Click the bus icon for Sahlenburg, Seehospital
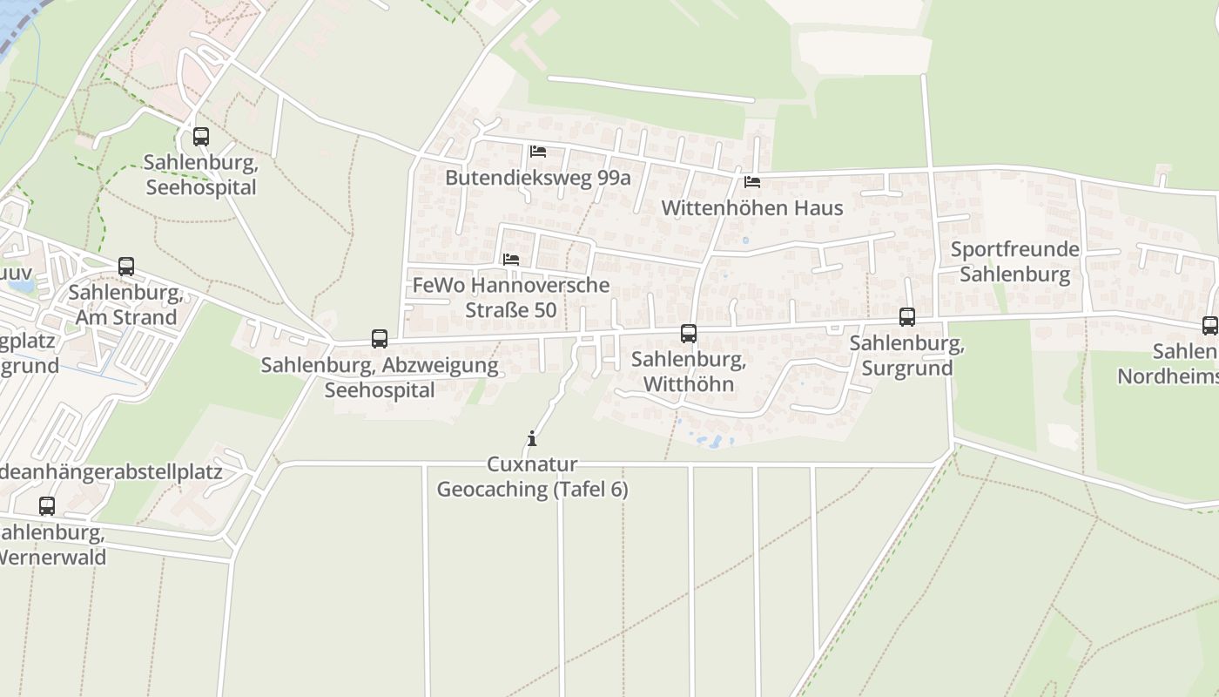[x=201, y=137]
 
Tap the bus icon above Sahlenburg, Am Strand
[x=126, y=267]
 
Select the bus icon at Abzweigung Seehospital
[x=380, y=339]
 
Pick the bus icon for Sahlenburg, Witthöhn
[x=689, y=333]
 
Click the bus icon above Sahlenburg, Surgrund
[x=907, y=317]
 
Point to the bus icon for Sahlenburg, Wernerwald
[x=47, y=505]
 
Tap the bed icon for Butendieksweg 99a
[x=538, y=152]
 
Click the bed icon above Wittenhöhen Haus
[x=752, y=182]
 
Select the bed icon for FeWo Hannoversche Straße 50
[x=511, y=260]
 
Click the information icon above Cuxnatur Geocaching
[x=532, y=438]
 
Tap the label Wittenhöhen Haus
[x=752, y=208]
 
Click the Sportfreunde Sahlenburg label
[x=1014, y=262]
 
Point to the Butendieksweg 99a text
[x=537, y=178]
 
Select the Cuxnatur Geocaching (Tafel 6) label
[x=532, y=477]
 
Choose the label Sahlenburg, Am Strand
[x=125, y=305]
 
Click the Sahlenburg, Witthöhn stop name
[x=688, y=372]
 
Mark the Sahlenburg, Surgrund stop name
[x=906, y=355]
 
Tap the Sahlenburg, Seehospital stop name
[x=200, y=175]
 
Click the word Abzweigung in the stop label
[x=444, y=365]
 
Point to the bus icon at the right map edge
[x=1209, y=326]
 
